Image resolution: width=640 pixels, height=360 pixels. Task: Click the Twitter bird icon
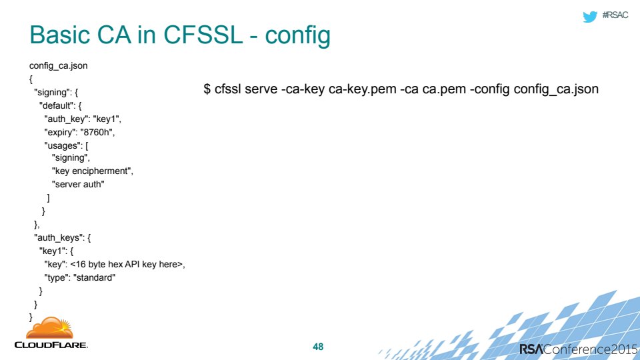590,16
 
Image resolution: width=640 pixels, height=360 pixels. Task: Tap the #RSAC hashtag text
615,15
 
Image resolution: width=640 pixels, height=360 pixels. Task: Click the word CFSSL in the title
203,35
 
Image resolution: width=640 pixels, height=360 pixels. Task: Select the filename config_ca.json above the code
59,66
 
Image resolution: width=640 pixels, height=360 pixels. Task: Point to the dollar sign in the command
207,89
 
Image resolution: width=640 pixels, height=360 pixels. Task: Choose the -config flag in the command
490,89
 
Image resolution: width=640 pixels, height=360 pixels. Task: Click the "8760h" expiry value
96,132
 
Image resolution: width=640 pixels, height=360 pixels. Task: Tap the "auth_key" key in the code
66,119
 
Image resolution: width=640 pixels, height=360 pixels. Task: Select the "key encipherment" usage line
91,171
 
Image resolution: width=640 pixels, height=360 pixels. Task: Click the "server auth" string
77,185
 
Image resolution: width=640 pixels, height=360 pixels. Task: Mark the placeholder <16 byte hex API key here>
127,265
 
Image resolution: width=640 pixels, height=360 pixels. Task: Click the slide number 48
318,347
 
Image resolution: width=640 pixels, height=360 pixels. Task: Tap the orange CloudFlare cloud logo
50,328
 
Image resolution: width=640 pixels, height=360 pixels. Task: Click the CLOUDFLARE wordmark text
51,345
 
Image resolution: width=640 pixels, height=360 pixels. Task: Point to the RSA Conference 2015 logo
578,349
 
